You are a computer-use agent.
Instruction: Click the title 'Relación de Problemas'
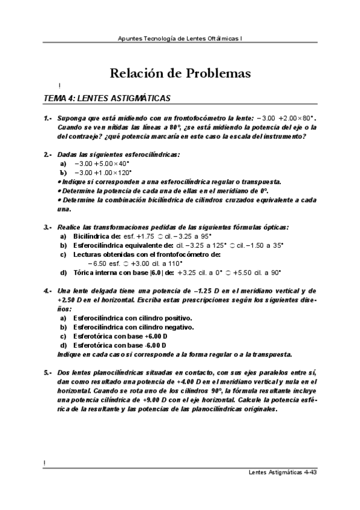pos(180,74)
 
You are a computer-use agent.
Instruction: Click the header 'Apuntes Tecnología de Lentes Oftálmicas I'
pos(180,37)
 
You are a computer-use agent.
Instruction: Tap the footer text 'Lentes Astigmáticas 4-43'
pos(282,472)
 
